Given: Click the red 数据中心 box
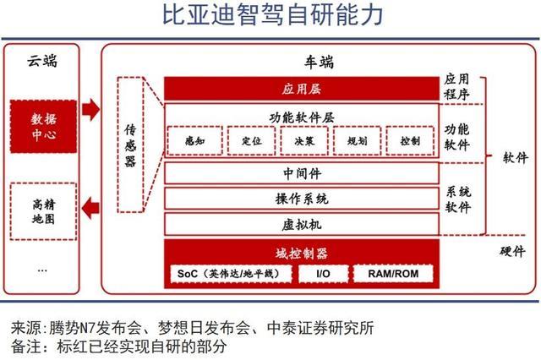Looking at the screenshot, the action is click(43, 127).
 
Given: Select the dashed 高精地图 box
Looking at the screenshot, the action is click(43, 211).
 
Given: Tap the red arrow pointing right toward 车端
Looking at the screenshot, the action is click(91, 110).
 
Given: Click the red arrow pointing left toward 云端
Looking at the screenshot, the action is click(90, 208).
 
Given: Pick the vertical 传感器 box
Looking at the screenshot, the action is click(130, 145).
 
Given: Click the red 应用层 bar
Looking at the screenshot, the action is click(302, 89).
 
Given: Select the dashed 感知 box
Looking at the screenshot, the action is click(195, 140).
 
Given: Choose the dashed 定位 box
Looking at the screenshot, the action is click(252, 140).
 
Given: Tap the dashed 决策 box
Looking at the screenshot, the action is click(304, 140).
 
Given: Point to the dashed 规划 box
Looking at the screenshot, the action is click(357, 140).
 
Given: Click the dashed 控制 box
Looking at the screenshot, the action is click(410, 140).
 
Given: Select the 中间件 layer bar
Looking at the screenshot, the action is click(302, 173).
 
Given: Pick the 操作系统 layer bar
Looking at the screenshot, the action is click(302, 199).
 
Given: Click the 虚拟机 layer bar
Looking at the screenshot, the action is click(302, 225).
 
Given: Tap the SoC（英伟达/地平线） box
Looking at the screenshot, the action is click(231, 274).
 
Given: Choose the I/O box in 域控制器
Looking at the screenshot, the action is click(323, 274).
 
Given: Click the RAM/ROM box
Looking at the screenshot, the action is click(393, 274).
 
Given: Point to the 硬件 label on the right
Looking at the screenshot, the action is click(513, 251).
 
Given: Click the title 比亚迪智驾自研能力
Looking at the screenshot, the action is click(272, 14).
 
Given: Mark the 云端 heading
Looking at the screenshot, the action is click(42, 61).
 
